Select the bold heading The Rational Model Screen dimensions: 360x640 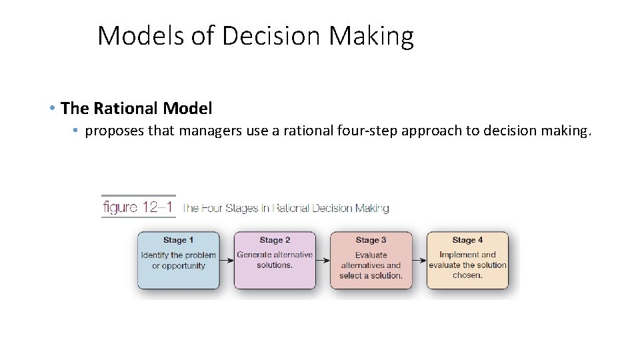pyautogui.click(x=136, y=108)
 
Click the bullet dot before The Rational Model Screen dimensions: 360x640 pyautogui.click(x=52, y=108)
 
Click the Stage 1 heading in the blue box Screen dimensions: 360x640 pyautogui.click(x=179, y=240)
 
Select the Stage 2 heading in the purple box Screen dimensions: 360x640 pyautogui.click(x=275, y=240)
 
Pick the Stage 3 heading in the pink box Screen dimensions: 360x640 pyautogui.click(x=371, y=240)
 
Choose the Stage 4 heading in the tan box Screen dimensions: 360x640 pyautogui.click(x=467, y=240)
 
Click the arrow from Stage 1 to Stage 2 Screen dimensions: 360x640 pyautogui.click(x=227, y=260)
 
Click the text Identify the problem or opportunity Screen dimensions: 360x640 pyautogui.click(x=179, y=260)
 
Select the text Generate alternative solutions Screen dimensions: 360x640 pyautogui.click(x=275, y=260)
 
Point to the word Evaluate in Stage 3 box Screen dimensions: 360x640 pyautogui.click(x=371, y=255)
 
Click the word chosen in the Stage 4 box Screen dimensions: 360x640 pyautogui.click(x=467, y=275)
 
